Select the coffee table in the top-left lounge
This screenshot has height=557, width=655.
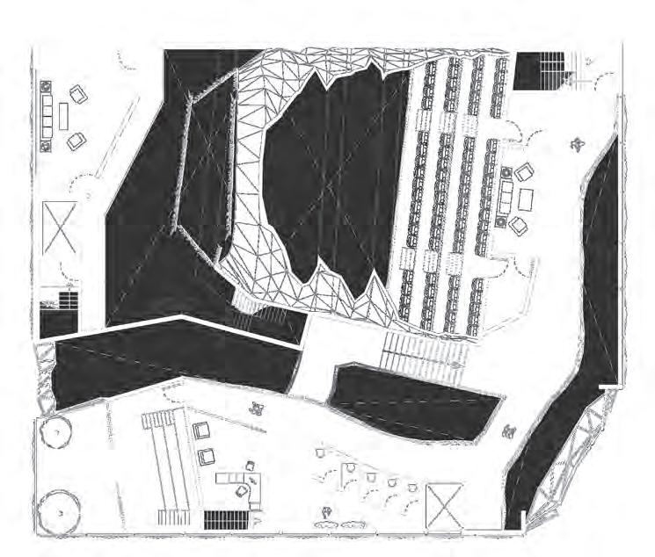pyautogui.click(x=64, y=115)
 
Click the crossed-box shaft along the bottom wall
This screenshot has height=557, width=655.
pyautogui.click(x=444, y=506)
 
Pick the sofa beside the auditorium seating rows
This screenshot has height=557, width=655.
pyautogui.click(x=507, y=198)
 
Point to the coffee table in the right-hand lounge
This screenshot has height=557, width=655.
pyautogui.click(x=526, y=199)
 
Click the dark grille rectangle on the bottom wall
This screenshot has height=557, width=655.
pyautogui.click(x=227, y=519)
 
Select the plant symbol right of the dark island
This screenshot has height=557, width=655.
pyautogui.click(x=509, y=431)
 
